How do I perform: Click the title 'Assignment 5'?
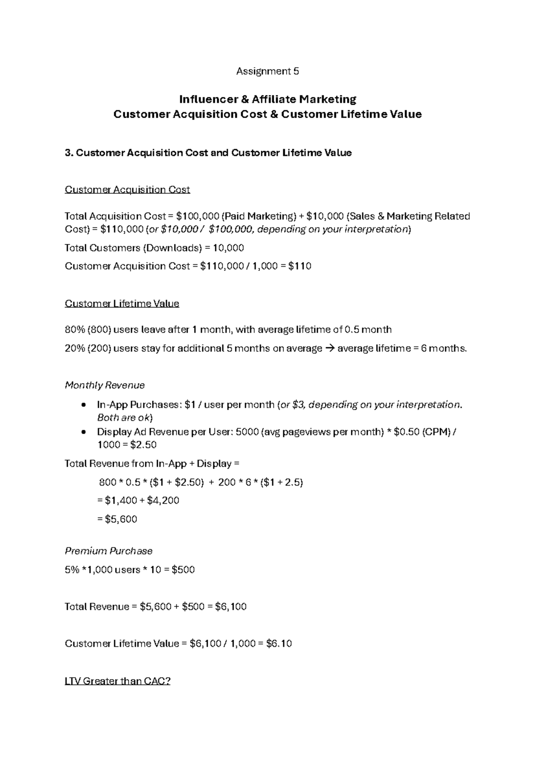267,71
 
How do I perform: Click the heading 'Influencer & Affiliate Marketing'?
267,99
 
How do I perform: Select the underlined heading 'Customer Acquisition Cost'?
128,190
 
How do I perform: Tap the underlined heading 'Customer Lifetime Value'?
122,304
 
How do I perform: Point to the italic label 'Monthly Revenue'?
105,385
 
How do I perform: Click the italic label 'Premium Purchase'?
109,551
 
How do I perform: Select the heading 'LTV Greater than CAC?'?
118,681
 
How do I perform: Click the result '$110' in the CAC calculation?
300,267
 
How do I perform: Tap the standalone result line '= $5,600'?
117,519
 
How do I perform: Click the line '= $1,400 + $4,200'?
138,501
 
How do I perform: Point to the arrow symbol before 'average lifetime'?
330,349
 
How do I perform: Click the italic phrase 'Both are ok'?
124,418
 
